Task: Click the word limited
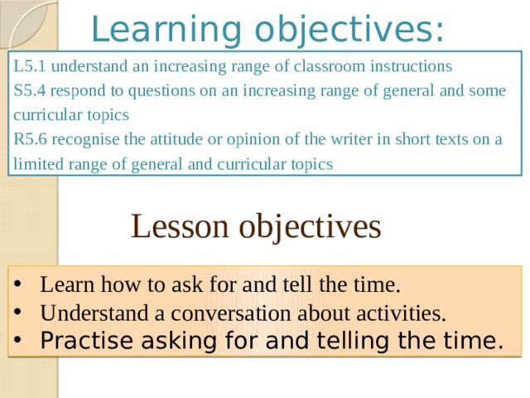(38, 164)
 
